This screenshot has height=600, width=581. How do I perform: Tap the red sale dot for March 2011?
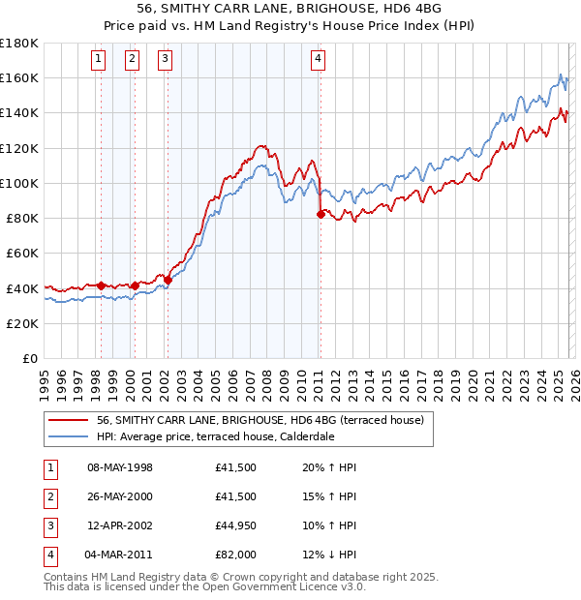point(321,215)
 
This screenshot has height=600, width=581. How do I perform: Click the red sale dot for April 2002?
point(168,280)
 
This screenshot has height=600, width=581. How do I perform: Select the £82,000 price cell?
point(235,555)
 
